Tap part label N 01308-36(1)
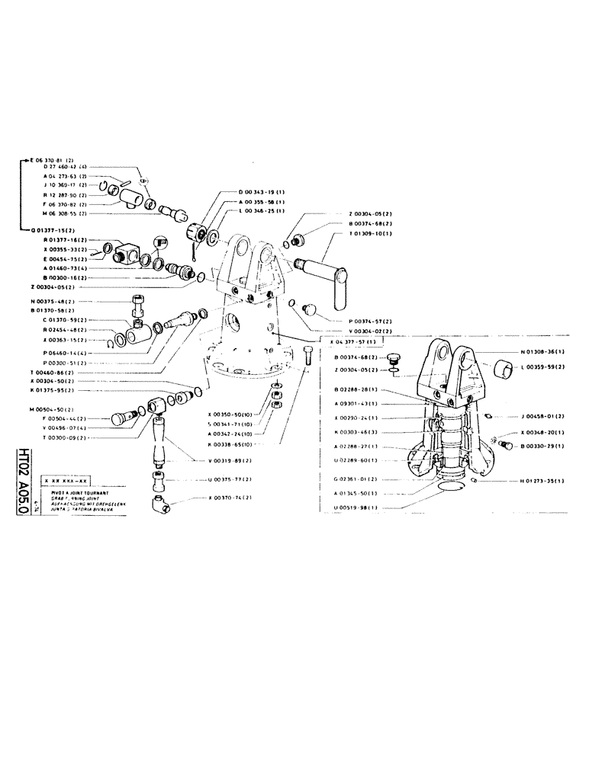(x=546, y=353)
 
